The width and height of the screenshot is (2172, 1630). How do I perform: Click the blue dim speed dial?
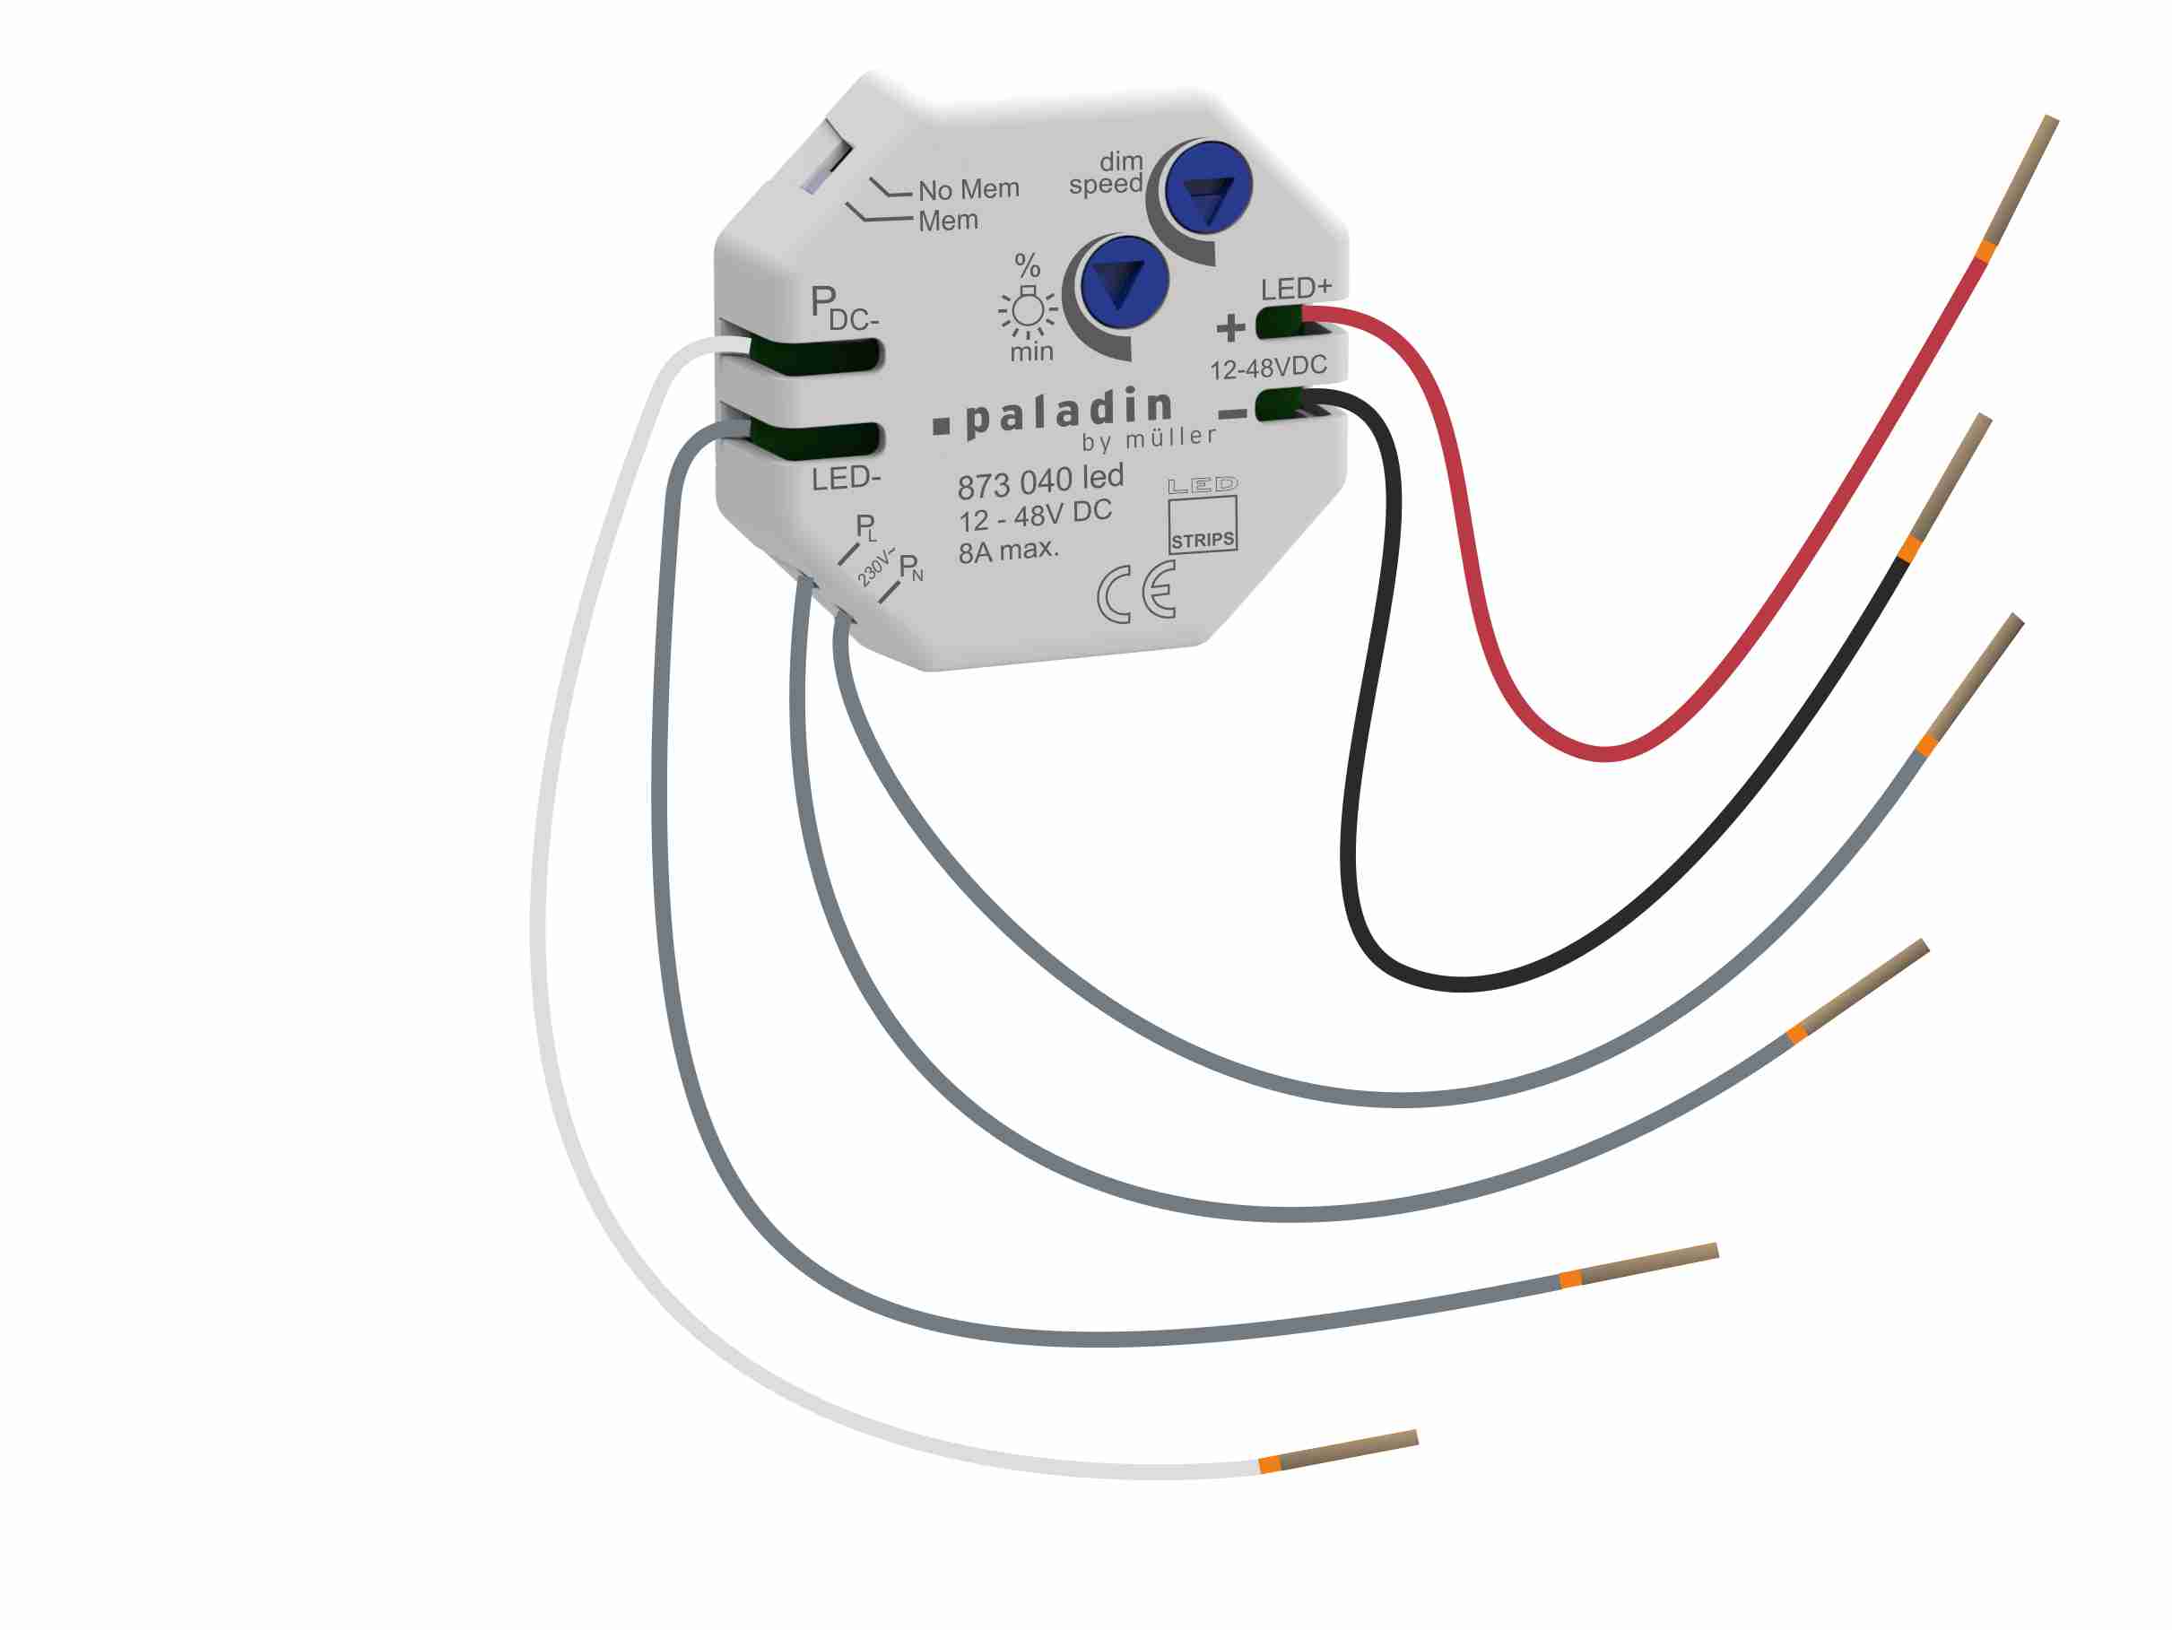point(1207,186)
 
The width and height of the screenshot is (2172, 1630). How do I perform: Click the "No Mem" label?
point(969,188)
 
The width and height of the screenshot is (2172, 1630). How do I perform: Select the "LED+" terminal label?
point(1296,289)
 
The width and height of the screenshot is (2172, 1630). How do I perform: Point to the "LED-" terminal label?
point(846,479)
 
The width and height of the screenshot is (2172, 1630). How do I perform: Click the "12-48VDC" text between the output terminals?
point(1268,368)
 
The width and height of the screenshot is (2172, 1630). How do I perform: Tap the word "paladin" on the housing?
point(1068,412)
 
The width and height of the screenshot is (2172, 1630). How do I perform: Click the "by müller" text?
point(1149,439)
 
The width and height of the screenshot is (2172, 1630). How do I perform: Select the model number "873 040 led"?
point(1040,481)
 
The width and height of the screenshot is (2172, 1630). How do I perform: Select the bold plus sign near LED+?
point(1230,327)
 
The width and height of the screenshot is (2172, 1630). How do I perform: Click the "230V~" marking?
point(873,567)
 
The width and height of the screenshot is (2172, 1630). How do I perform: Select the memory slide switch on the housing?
point(824,163)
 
